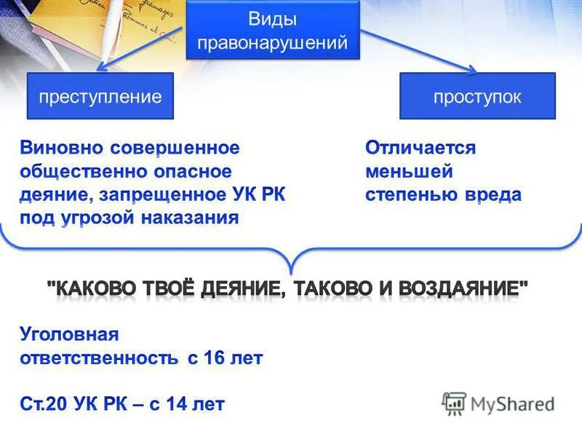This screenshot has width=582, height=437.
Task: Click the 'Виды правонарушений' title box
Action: (x=273, y=30)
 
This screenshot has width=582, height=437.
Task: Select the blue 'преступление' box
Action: (x=100, y=96)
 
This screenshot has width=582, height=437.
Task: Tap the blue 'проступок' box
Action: (x=477, y=96)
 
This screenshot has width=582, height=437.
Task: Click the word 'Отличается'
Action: (x=420, y=148)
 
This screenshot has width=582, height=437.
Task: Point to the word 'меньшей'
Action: (x=409, y=171)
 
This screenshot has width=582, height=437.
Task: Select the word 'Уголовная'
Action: (x=68, y=334)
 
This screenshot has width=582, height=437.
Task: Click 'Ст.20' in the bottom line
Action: (x=43, y=403)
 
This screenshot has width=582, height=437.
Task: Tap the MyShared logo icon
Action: (x=454, y=403)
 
